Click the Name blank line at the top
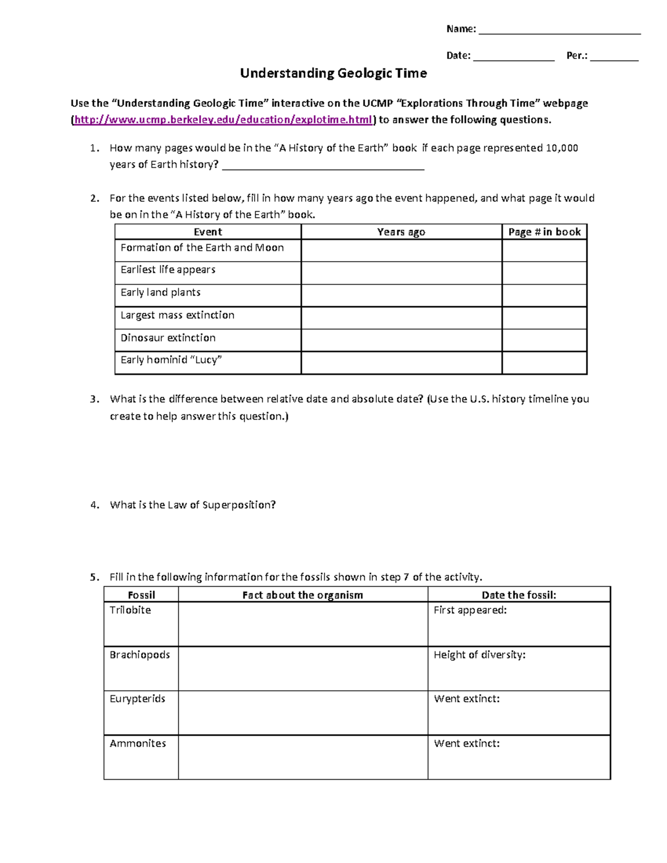tap(559, 33)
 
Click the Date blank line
tap(514, 59)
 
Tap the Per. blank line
tap(614, 59)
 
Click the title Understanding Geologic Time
tap(333, 73)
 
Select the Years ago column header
tap(401, 232)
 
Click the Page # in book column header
tap(544, 232)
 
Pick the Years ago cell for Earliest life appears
tap(401, 273)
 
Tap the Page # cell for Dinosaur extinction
tap(544, 340)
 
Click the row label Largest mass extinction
tap(177, 315)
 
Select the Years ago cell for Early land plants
tap(401, 296)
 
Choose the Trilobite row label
tap(130, 610)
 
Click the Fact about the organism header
tap(302, 595)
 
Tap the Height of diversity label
tap(479, 655)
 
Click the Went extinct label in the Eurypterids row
tap(466, 699)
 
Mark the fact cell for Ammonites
tap(302, 757)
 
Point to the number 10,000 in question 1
tap(562, 148)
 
